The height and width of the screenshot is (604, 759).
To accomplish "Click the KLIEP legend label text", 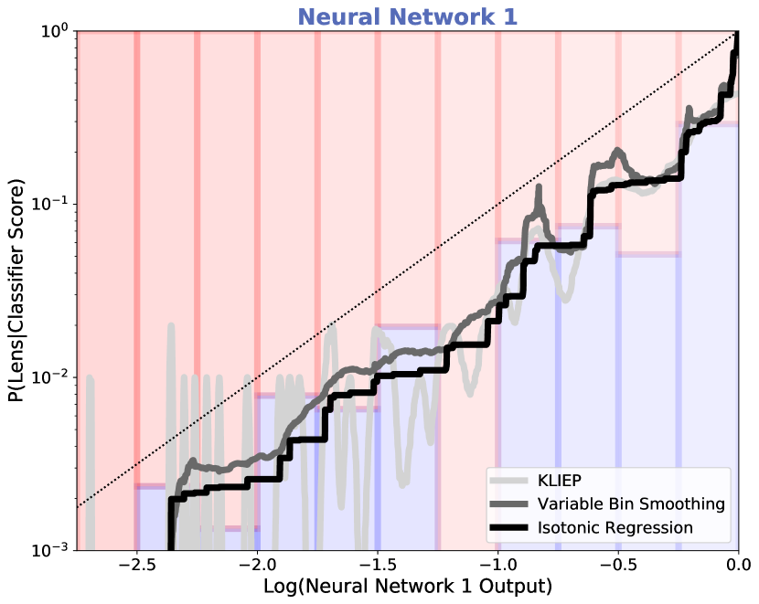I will pos(559,481).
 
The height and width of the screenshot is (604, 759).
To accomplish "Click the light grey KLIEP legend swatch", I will pos(509,482).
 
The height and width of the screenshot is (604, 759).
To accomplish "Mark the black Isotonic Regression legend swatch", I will pos(509,529).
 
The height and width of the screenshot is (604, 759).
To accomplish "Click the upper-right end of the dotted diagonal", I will pos(735,34).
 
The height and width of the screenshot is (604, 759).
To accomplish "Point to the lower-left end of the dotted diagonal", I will pos(79,505).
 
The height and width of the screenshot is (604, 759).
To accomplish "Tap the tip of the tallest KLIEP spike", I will pos(170,325).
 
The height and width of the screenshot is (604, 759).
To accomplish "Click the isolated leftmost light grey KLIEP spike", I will pos(90,376).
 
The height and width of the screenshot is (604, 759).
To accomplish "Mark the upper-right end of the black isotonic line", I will pos(735,53).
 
